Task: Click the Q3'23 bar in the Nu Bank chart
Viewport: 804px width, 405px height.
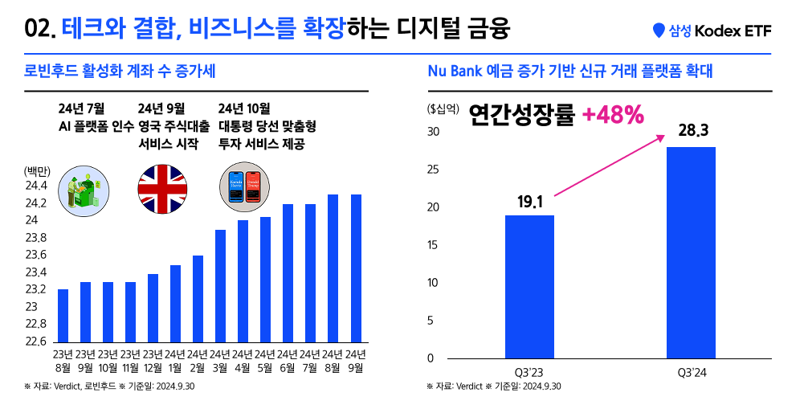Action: (x=529, y=286)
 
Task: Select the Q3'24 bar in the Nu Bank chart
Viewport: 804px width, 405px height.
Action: (x=691, y=252)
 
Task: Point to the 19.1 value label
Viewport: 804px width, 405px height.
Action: (x=529, y=201)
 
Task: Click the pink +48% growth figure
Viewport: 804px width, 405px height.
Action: (x=613, y=116)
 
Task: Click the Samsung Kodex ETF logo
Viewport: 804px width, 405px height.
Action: (x=712, y=31)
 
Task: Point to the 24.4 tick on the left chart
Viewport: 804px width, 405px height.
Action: (x=37, y=186)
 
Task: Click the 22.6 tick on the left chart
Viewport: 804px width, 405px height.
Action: (x=37, y=341)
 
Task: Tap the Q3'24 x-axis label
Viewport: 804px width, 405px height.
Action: (x=691, y=372)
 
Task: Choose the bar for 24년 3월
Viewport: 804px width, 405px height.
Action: (x=221, y=286)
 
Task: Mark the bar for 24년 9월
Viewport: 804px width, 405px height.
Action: (x=356, y=268)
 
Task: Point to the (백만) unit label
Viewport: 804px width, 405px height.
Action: (x=37, y=170)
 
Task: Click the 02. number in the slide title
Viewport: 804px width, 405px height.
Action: (x=40, y=31)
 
